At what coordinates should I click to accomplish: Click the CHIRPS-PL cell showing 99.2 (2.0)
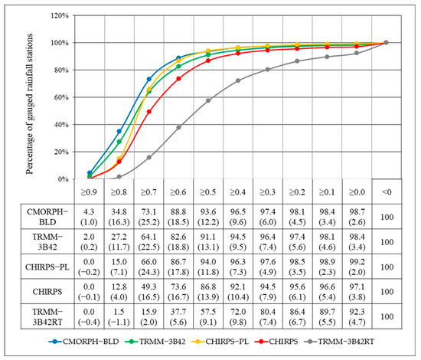point(356,267)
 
